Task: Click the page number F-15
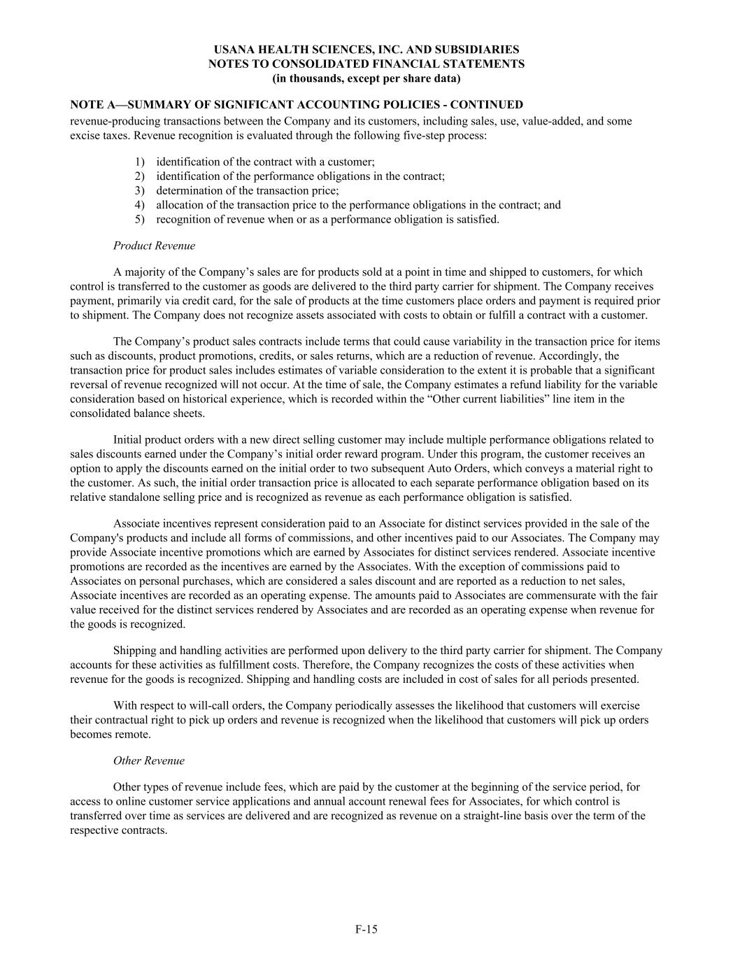click(x=366, y=929)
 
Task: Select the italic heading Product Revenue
click(x=154, y=246)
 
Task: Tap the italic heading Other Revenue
click(x=148, y=761)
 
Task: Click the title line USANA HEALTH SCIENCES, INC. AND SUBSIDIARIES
click(x=366, y=50)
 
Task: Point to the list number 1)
click(x=139, y=162)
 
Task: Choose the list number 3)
click(x=139, y=190)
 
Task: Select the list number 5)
click(x=139, y=219)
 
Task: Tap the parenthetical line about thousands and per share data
click(x=366, y=78)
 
